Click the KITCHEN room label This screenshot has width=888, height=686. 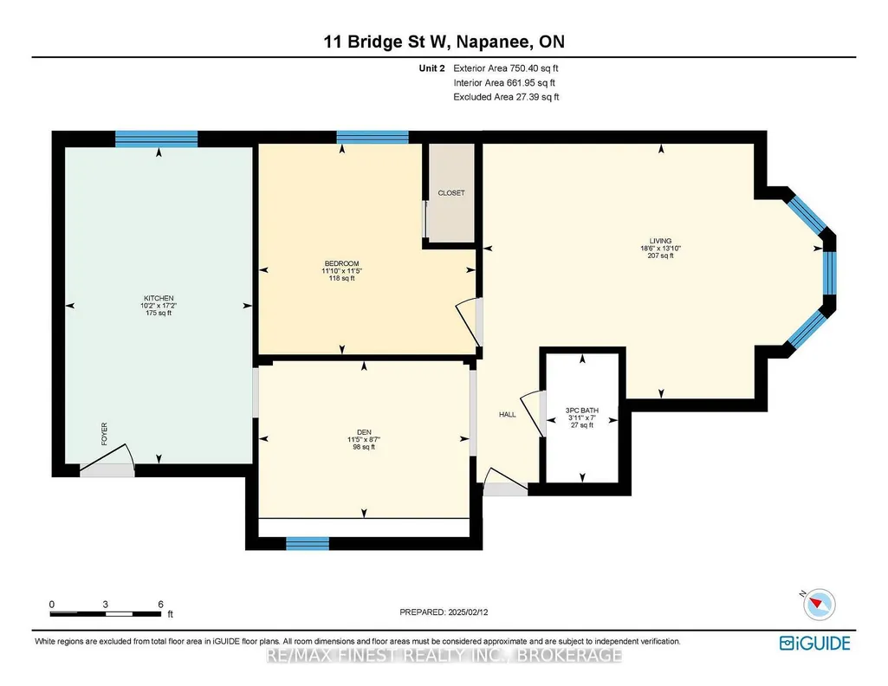159,298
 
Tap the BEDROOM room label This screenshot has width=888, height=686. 341,264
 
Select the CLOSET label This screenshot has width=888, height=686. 451,193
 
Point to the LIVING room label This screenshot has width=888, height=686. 660,241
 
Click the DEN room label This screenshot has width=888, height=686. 364,432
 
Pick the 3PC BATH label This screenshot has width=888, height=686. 582,411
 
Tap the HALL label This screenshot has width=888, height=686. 508,414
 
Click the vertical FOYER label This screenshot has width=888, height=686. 104,434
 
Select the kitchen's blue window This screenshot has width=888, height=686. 156,139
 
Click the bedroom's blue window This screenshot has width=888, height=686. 373,137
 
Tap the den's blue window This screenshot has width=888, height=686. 308,543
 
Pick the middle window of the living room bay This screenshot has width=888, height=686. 829,273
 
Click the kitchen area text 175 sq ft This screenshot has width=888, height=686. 159,313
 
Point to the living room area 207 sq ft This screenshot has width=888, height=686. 660,256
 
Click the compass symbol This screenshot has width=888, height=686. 819,604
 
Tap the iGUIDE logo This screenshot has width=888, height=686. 815,644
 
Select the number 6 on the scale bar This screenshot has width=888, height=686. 161,605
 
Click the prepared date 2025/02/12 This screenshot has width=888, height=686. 468,612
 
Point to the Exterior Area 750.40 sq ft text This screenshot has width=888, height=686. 506,68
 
